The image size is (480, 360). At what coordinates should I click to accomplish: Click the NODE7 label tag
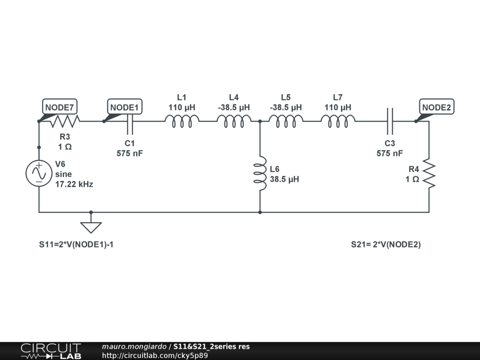pos(60,107)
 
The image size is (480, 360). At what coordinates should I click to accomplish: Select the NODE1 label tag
pos(125,107)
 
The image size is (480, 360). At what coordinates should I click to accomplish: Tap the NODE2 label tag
pos(436,107)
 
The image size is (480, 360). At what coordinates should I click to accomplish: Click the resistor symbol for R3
pos(65,121)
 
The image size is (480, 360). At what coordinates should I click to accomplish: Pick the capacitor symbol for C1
pos(130,121)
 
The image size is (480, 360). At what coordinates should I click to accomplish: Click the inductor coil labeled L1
pos(182,122)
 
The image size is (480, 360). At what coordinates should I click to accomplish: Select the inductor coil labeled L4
pos(234,122)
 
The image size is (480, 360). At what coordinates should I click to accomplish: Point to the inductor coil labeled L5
pos(286,122)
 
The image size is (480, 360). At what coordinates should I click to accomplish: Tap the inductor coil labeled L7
pos(338,122)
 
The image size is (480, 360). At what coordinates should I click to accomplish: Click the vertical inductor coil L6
pos(260,173)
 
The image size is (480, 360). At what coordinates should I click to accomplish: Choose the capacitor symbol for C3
pos(390,121)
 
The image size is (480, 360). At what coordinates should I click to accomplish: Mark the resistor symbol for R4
pos(429,174)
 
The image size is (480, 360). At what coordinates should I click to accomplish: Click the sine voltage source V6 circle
pos(38,173)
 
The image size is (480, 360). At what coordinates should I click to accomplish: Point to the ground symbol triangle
pos(91,227)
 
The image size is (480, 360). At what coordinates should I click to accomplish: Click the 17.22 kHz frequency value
pos(74,184)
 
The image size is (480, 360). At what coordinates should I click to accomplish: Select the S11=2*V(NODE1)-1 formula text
pos(76,244)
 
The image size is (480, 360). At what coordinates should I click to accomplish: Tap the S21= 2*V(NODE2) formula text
pos(386,244)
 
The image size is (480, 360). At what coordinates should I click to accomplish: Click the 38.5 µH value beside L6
pos(285,179)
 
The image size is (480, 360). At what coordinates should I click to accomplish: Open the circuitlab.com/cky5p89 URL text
pos(155,355)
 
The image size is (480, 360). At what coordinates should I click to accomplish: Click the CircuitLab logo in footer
pos(51,351)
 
